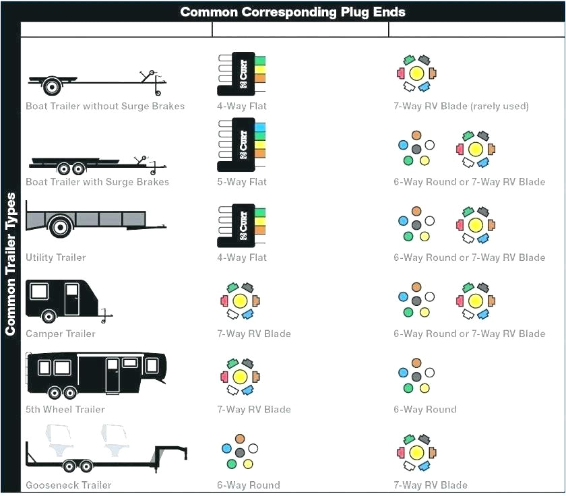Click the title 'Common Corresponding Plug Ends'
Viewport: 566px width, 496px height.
(x=292, y=12)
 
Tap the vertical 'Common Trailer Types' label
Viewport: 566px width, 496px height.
(x=10, y=263)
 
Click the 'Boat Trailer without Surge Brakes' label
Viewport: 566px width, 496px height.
(x=105, y=106)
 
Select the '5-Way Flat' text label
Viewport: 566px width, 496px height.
(x=242, y=182)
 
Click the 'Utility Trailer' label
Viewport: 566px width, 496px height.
(x=56, y=257)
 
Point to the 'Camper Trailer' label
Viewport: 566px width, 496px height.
(x=61, y=334)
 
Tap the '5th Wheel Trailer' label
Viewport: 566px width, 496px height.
(x=65, y=409)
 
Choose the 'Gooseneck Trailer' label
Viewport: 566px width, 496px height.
(x=69, y=485)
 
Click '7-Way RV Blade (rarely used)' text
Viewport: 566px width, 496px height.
(x=461, y=106)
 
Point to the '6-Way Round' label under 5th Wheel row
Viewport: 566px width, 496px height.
(x=425, y=409)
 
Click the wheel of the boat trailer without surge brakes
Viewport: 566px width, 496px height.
(x=51, y=87)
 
